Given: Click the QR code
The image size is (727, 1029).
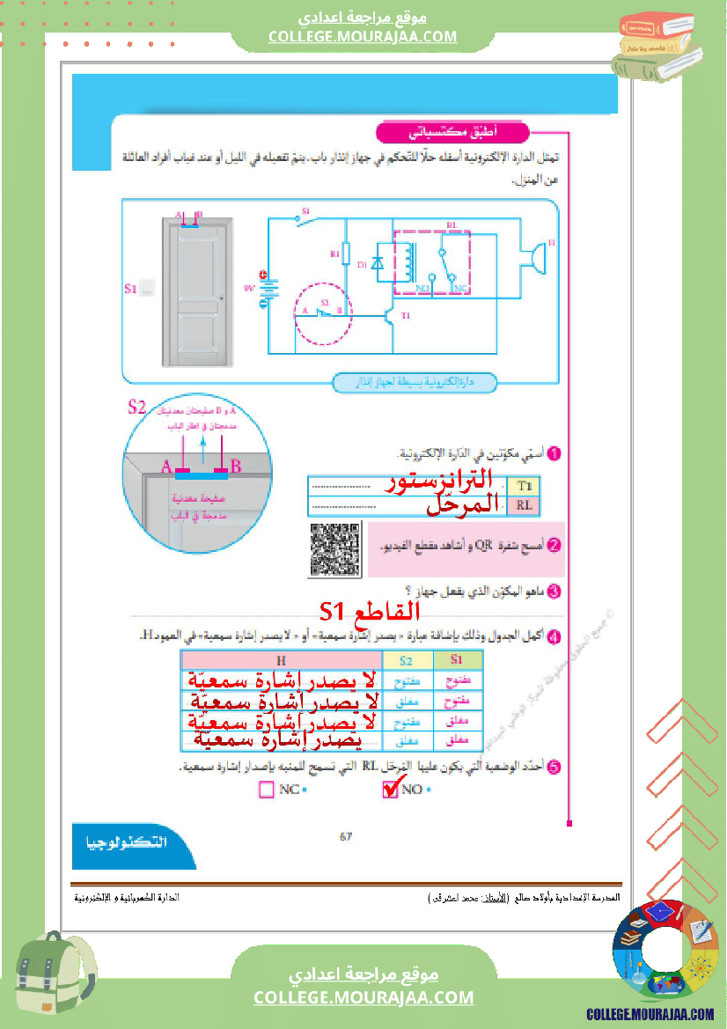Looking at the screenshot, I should point(335,549).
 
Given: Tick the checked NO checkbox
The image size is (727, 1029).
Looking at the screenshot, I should point(392,790).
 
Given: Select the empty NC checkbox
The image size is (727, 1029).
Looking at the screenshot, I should point(268,790).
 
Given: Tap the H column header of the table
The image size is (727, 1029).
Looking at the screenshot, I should point(280,660).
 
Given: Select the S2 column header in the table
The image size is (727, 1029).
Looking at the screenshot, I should point(406,660).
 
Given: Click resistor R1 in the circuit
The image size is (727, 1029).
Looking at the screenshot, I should point(347,254).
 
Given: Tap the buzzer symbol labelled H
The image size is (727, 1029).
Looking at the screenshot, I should point(535,257).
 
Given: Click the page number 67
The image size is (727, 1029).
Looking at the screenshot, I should point(346,836).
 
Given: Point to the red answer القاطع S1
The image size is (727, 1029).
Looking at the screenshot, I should point(370,611).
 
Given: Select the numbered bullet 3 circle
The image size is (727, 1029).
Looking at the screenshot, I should point(554,591).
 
